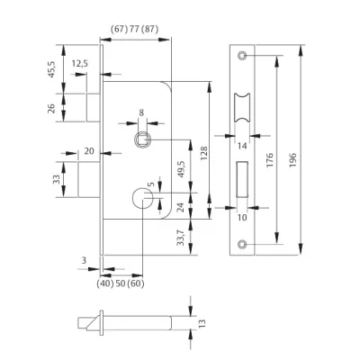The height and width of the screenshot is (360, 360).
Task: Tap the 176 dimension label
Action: pyautogui.click(x=270, y=160)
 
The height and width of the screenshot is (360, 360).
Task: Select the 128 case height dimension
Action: pyautogui.click(x=204, y=153)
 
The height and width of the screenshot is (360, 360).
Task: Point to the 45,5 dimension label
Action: pyautogui.click(x=51, y=69)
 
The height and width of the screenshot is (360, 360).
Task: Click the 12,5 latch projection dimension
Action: pyautogui.click(x=79, y=64)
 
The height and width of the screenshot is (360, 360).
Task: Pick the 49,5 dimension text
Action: pyautogui.click(x=182, y=169)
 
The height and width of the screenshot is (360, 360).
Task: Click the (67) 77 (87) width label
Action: pyautogui.click(x=135, y=30)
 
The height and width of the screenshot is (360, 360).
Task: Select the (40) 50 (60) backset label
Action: pyautogui.click(x=121, y=283)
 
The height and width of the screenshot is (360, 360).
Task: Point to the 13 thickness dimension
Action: pyautogui.click(x=202, y=323)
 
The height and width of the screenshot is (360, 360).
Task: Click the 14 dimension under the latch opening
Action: pyautogui.click(x=242, y=146)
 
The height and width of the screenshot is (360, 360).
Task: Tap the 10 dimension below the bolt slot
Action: pyautogui.click(x=242, y=217)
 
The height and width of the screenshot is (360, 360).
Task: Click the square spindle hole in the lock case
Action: pyautogui.click(x=142, y=139)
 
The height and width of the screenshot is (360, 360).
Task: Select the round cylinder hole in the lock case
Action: pyautogui.click(x=142, y=198)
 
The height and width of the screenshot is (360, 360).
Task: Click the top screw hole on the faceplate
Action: pyautogui.click(x=242, y=56)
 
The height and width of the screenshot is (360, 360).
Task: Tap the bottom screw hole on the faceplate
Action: pyautogui.click(x=242, y=244)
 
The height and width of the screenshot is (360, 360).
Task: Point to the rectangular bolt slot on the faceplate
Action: pyautogui.click(x=242, y=179)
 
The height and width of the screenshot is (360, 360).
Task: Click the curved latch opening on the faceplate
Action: pyautogui.click(x=242, y=108)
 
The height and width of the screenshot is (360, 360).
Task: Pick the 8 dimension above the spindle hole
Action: pyautogui.click(x=141, y=112)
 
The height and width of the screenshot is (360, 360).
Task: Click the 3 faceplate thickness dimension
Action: pyautogui.click(x=84, y=260)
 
